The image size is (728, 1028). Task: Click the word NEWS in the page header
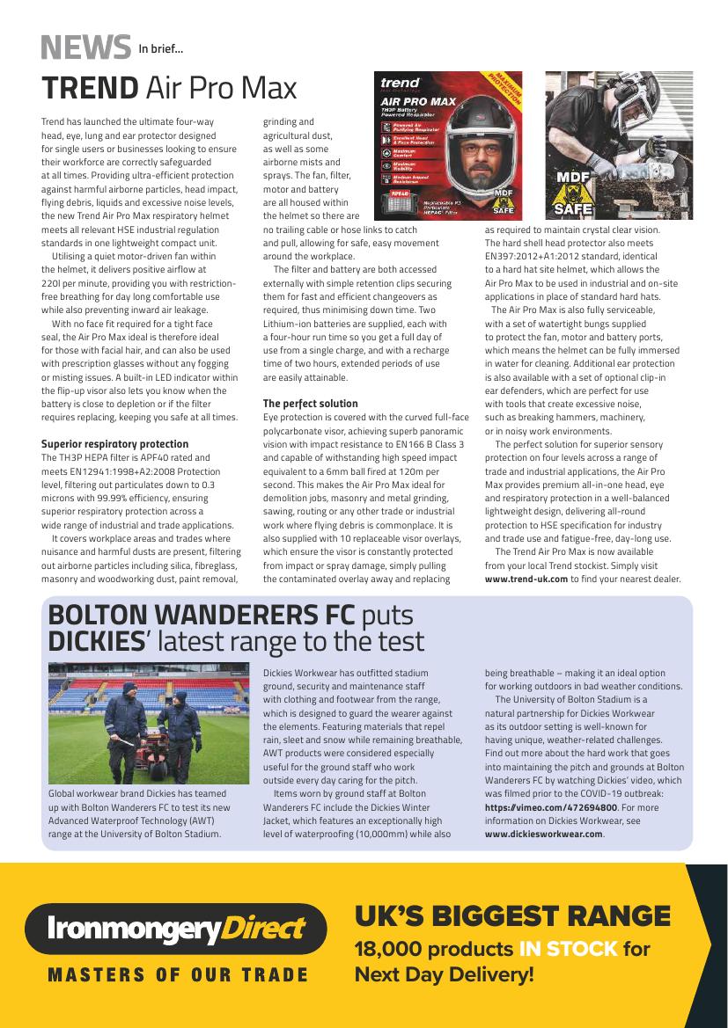click(85, 46)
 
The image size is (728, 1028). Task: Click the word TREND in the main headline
click(90, 88)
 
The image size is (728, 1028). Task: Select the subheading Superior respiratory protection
click(114, 444)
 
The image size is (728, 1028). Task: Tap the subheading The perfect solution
click(311, 404)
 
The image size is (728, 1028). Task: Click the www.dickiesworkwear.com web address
click(544, 834)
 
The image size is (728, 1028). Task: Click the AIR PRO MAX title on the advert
click(417, 101)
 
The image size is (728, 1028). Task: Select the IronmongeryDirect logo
click(175, 929)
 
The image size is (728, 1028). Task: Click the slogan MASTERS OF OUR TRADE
click(178, 975)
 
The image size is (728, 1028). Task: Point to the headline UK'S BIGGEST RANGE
click(511, 916)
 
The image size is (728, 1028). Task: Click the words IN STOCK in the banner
click(568, 950)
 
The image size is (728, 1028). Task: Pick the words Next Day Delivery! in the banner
click(444, 974)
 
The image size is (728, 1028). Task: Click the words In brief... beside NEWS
click(160, 48)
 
